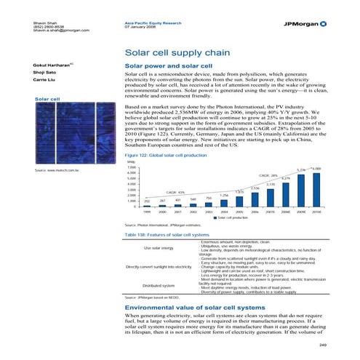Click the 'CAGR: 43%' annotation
point(176,192)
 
